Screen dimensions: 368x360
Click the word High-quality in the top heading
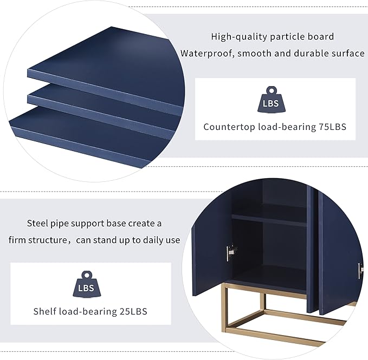tap(239, 37)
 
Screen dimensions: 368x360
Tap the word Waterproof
tap(208, 54)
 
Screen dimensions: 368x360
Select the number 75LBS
tap(332, 127)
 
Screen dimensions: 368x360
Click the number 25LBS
tap(133, 311)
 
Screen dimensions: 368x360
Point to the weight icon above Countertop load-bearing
tap(271, 100)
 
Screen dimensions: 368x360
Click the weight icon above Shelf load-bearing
tap(87, 284)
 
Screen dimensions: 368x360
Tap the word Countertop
tap(230, 127)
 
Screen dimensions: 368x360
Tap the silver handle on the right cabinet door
tap(360, 271)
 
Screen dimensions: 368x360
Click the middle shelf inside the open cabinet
tap(269, 220)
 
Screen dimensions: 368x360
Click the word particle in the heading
tap(284, 37)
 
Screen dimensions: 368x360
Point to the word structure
tap(48, 240)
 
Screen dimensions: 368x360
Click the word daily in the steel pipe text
tap(152, 240)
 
